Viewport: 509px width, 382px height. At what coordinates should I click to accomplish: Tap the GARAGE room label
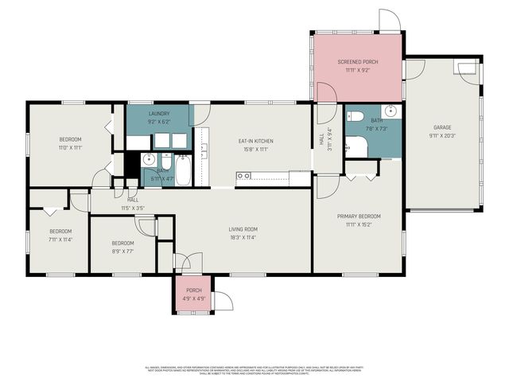(442, 127)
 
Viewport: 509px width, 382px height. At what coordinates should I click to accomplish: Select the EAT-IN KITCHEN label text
(255, 141)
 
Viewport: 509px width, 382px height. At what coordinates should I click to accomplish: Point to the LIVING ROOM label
(243, 229)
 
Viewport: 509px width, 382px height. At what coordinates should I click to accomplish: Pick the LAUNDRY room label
(159, 114)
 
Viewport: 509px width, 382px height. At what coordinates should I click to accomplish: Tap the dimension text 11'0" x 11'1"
(71, 147)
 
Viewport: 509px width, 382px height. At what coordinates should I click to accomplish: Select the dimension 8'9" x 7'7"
(122, 251)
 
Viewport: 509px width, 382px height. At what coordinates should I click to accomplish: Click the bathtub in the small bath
(182, 171)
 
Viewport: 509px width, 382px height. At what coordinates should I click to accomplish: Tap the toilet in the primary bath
(356, 116)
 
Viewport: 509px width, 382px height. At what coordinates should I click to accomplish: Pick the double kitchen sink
(204, 149)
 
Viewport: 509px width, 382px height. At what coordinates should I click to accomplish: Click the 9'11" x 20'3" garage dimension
(442, 135)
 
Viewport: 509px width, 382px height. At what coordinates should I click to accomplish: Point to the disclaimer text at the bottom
(254, 370)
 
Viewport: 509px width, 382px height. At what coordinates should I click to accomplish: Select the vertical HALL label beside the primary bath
(322, 139)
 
